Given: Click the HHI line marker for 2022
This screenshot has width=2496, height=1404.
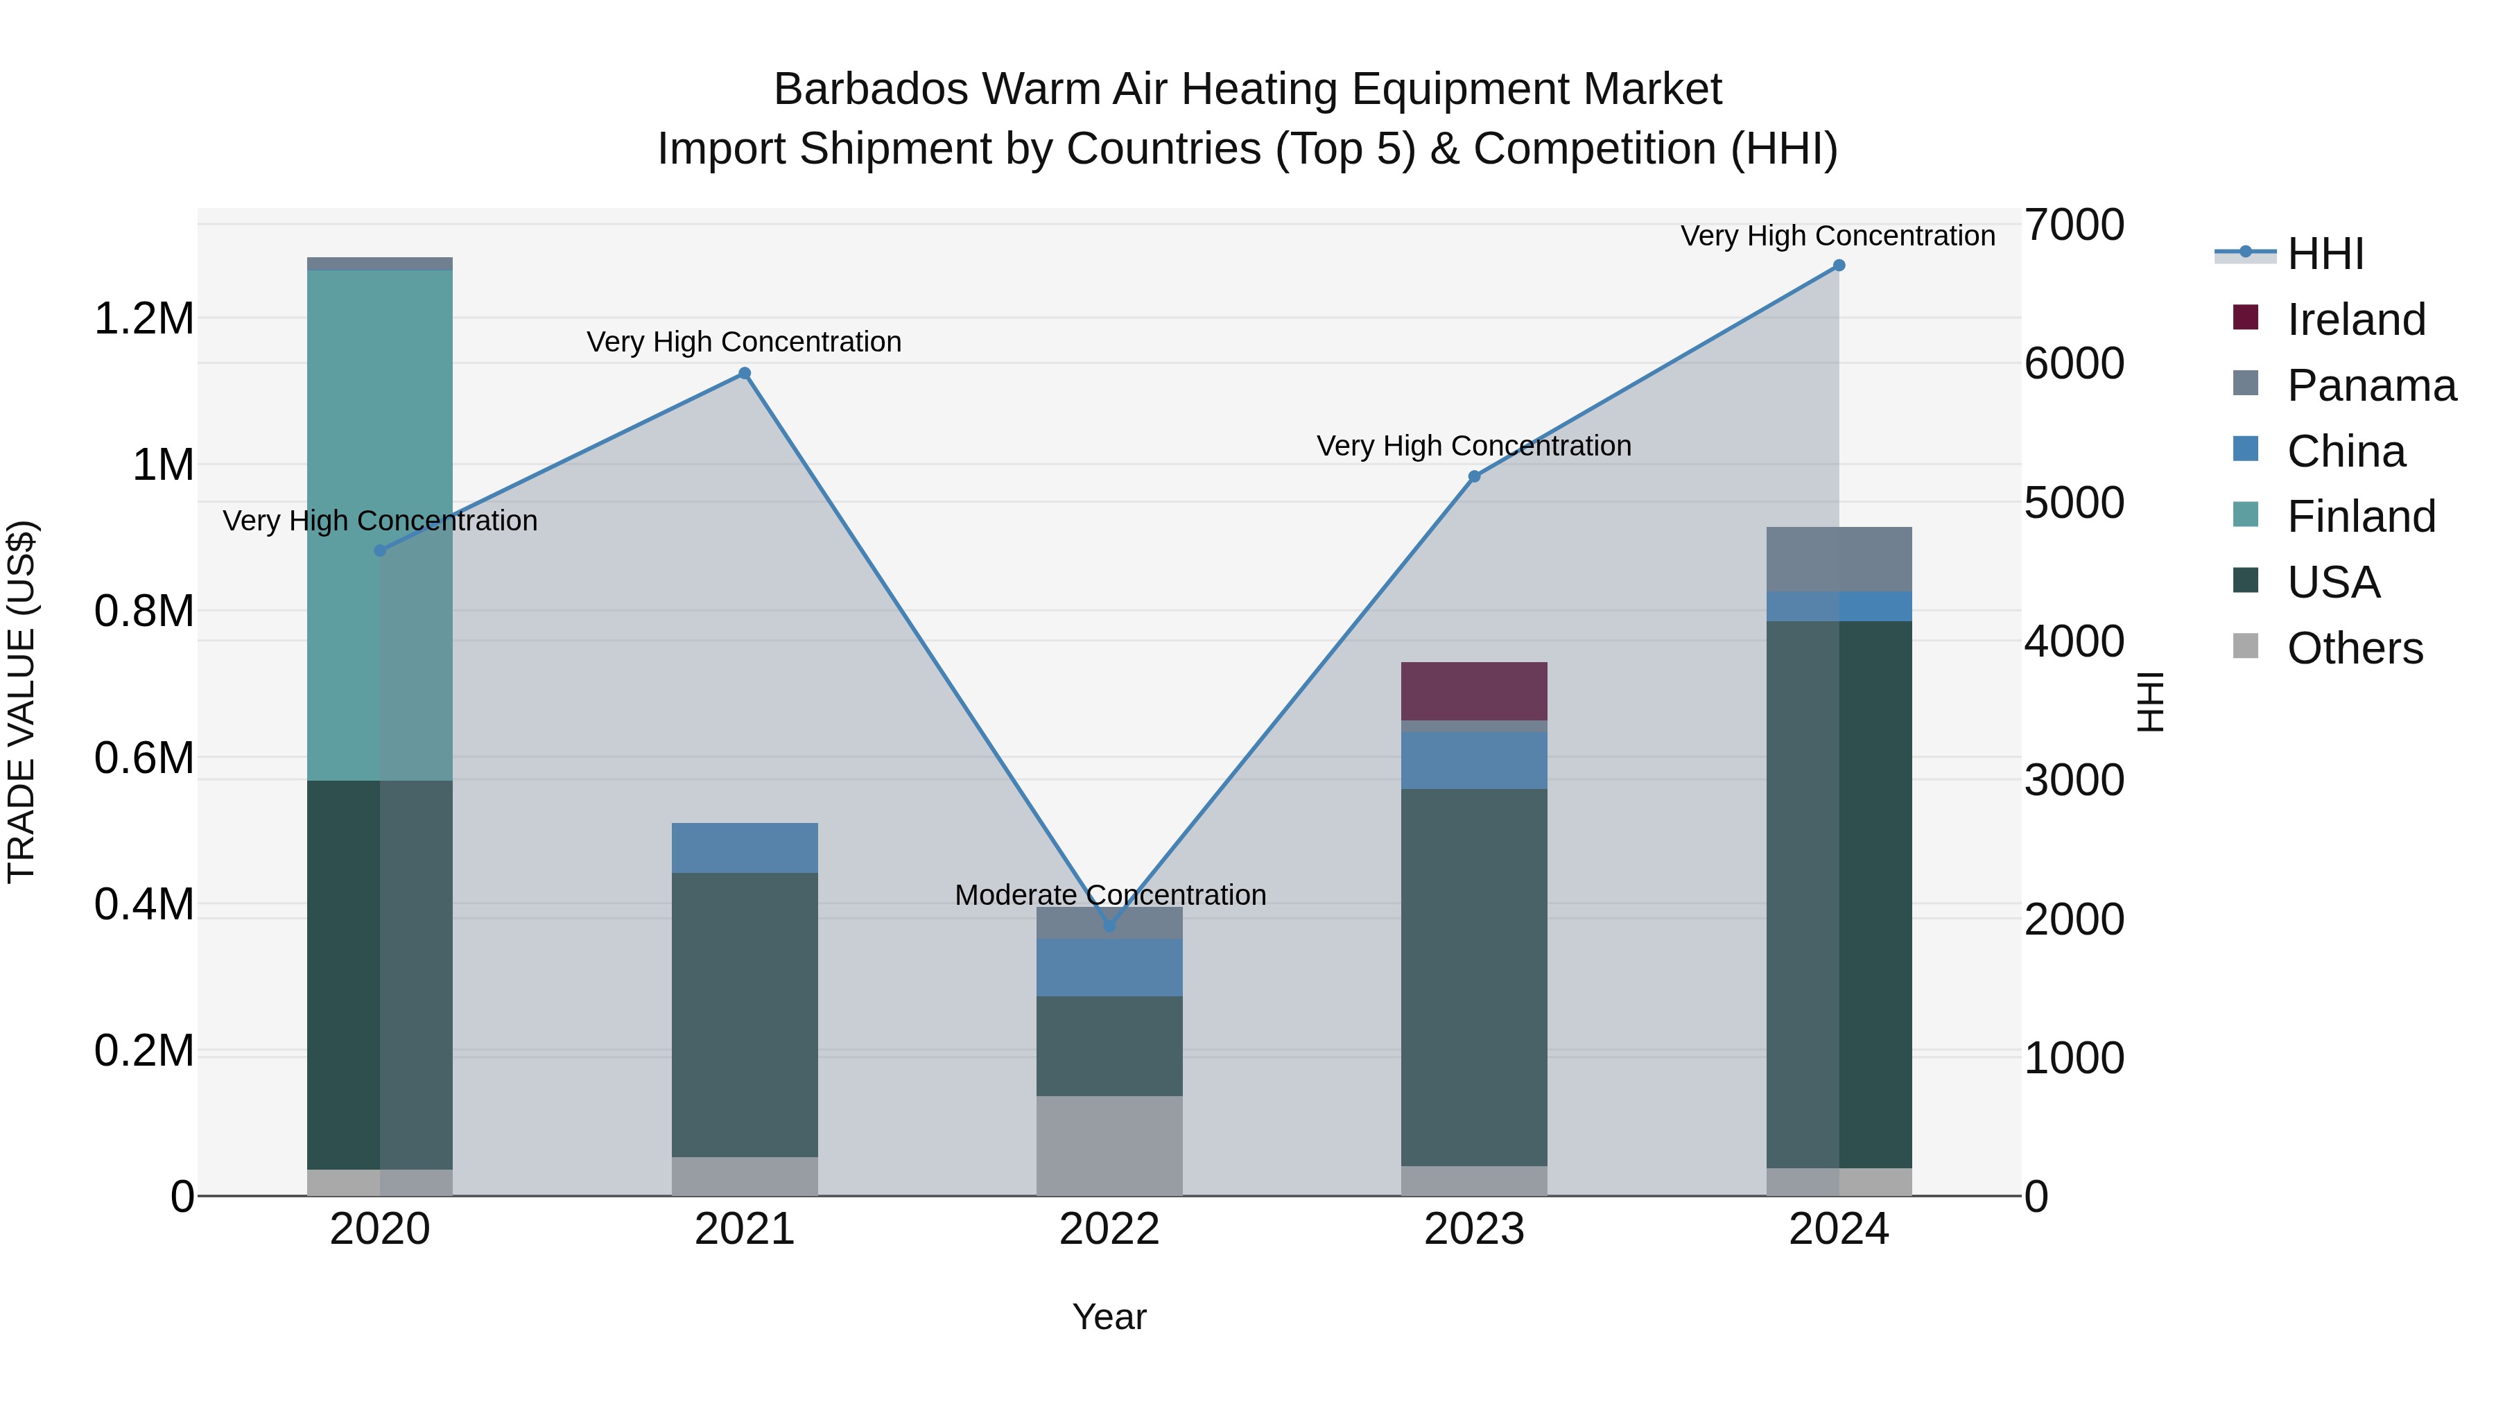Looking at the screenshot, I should point(1109,926).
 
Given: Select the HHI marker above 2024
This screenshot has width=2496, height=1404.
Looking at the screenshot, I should point(1838,266).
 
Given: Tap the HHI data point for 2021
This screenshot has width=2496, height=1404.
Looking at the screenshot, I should point(744,373).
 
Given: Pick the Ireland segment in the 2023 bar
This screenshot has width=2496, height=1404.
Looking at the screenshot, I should point(1474,691).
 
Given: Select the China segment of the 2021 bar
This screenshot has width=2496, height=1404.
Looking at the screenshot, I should point(744,848).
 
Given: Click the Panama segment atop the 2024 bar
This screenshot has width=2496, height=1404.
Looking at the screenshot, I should point(1838,559).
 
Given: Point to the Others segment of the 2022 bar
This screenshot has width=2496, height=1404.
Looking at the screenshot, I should point(1109,1145).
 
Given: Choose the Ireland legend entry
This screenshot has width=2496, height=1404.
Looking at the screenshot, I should point(2355,320).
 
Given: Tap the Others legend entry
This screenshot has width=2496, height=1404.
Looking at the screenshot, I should point(2355,648).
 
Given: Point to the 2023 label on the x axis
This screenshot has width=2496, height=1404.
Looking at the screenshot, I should point(1474,1229).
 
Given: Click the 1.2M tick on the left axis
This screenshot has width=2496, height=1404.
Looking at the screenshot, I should point(144,319).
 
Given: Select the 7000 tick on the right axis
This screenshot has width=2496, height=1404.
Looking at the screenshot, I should point(2074,225).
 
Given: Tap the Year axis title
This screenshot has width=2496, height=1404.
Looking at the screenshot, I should point(1109,1317).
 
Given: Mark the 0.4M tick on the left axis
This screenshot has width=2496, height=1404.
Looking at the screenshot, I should point(144,904).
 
